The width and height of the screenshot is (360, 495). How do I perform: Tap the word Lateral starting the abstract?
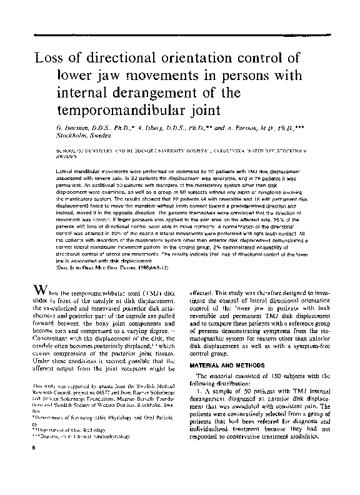pyautogui.click(x=66, y=171)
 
